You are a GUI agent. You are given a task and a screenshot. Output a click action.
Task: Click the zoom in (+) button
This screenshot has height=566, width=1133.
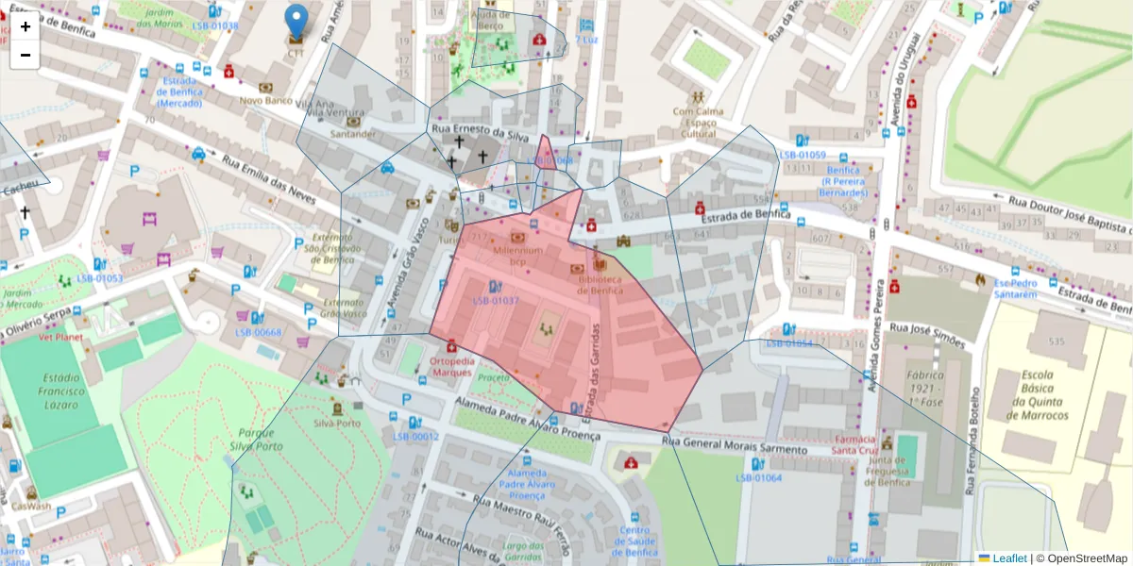point(25,26)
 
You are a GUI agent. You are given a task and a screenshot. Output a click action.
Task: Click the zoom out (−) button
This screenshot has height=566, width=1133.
point(25,55)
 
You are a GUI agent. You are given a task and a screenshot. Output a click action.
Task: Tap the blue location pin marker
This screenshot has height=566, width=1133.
point(296,22)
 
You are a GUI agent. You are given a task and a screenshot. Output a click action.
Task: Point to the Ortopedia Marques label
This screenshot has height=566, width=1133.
point(450,366)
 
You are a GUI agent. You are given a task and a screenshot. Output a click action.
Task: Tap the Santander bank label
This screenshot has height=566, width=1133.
point(352,134)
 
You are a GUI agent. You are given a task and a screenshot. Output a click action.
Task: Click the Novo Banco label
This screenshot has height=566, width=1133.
point(264,99)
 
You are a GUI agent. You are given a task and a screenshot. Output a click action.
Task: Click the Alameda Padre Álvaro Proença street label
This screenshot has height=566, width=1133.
point(527,418)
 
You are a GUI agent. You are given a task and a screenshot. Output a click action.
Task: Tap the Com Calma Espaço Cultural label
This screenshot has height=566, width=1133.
point(699,123)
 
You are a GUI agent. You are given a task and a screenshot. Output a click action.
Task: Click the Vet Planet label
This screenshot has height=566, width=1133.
point(60,336)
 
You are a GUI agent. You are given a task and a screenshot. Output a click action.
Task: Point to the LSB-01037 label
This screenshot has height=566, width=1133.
point(496,300)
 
